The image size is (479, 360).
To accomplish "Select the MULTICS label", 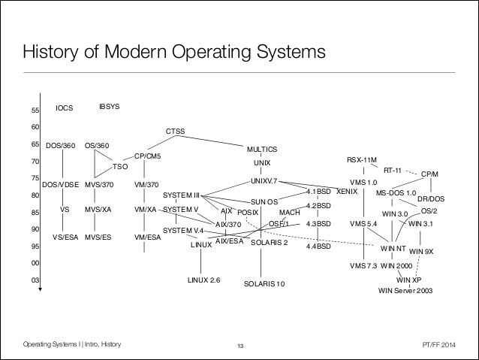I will [x=261, y=149].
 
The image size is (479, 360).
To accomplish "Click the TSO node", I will [x=121, y=166].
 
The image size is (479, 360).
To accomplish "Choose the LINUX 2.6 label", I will [x=203, y=280].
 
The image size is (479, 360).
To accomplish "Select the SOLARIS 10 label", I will [x=265, y=285].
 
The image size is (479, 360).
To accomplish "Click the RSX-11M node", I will [x=363, y=159].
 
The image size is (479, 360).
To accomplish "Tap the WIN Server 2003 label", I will [x=406, y=290].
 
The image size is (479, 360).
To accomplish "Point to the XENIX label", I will [x=347, y=192].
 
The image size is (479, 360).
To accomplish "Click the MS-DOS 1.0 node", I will [x=396, y=192].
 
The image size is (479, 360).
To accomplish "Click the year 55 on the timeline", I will [x=35, y=111].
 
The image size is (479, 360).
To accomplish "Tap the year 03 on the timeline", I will [x=35, y=280].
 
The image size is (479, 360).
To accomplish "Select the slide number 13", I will [x=239, y=345].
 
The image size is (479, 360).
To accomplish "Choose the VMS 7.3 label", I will [x=363, y=266].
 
